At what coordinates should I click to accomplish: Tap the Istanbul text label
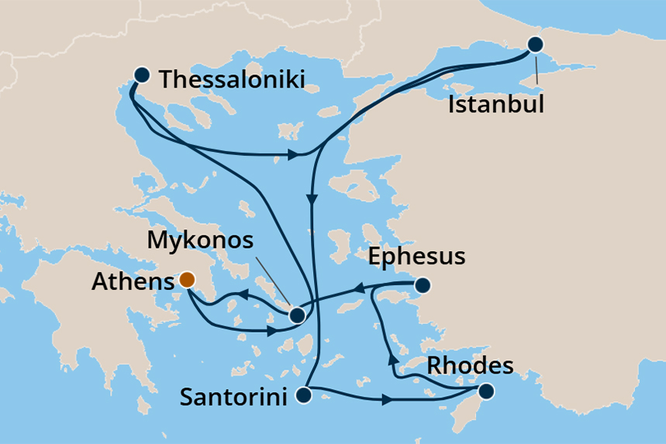(496, 104)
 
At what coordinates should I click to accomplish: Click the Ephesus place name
(417, 256)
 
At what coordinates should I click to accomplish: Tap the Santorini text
(233, 398)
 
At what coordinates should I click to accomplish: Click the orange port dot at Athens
(187, 280)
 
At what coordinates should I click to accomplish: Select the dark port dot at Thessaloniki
(141, 75)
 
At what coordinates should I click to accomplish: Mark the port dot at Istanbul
(535, 44)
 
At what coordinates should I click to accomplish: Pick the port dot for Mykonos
(296, 315)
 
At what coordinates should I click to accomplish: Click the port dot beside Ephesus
(422, 286)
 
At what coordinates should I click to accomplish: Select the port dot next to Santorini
(303, 396)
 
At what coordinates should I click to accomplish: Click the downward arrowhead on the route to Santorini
(312, 200)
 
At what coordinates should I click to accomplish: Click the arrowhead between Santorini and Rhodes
(385, 401)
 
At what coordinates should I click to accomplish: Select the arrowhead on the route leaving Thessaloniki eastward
(294, 155)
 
